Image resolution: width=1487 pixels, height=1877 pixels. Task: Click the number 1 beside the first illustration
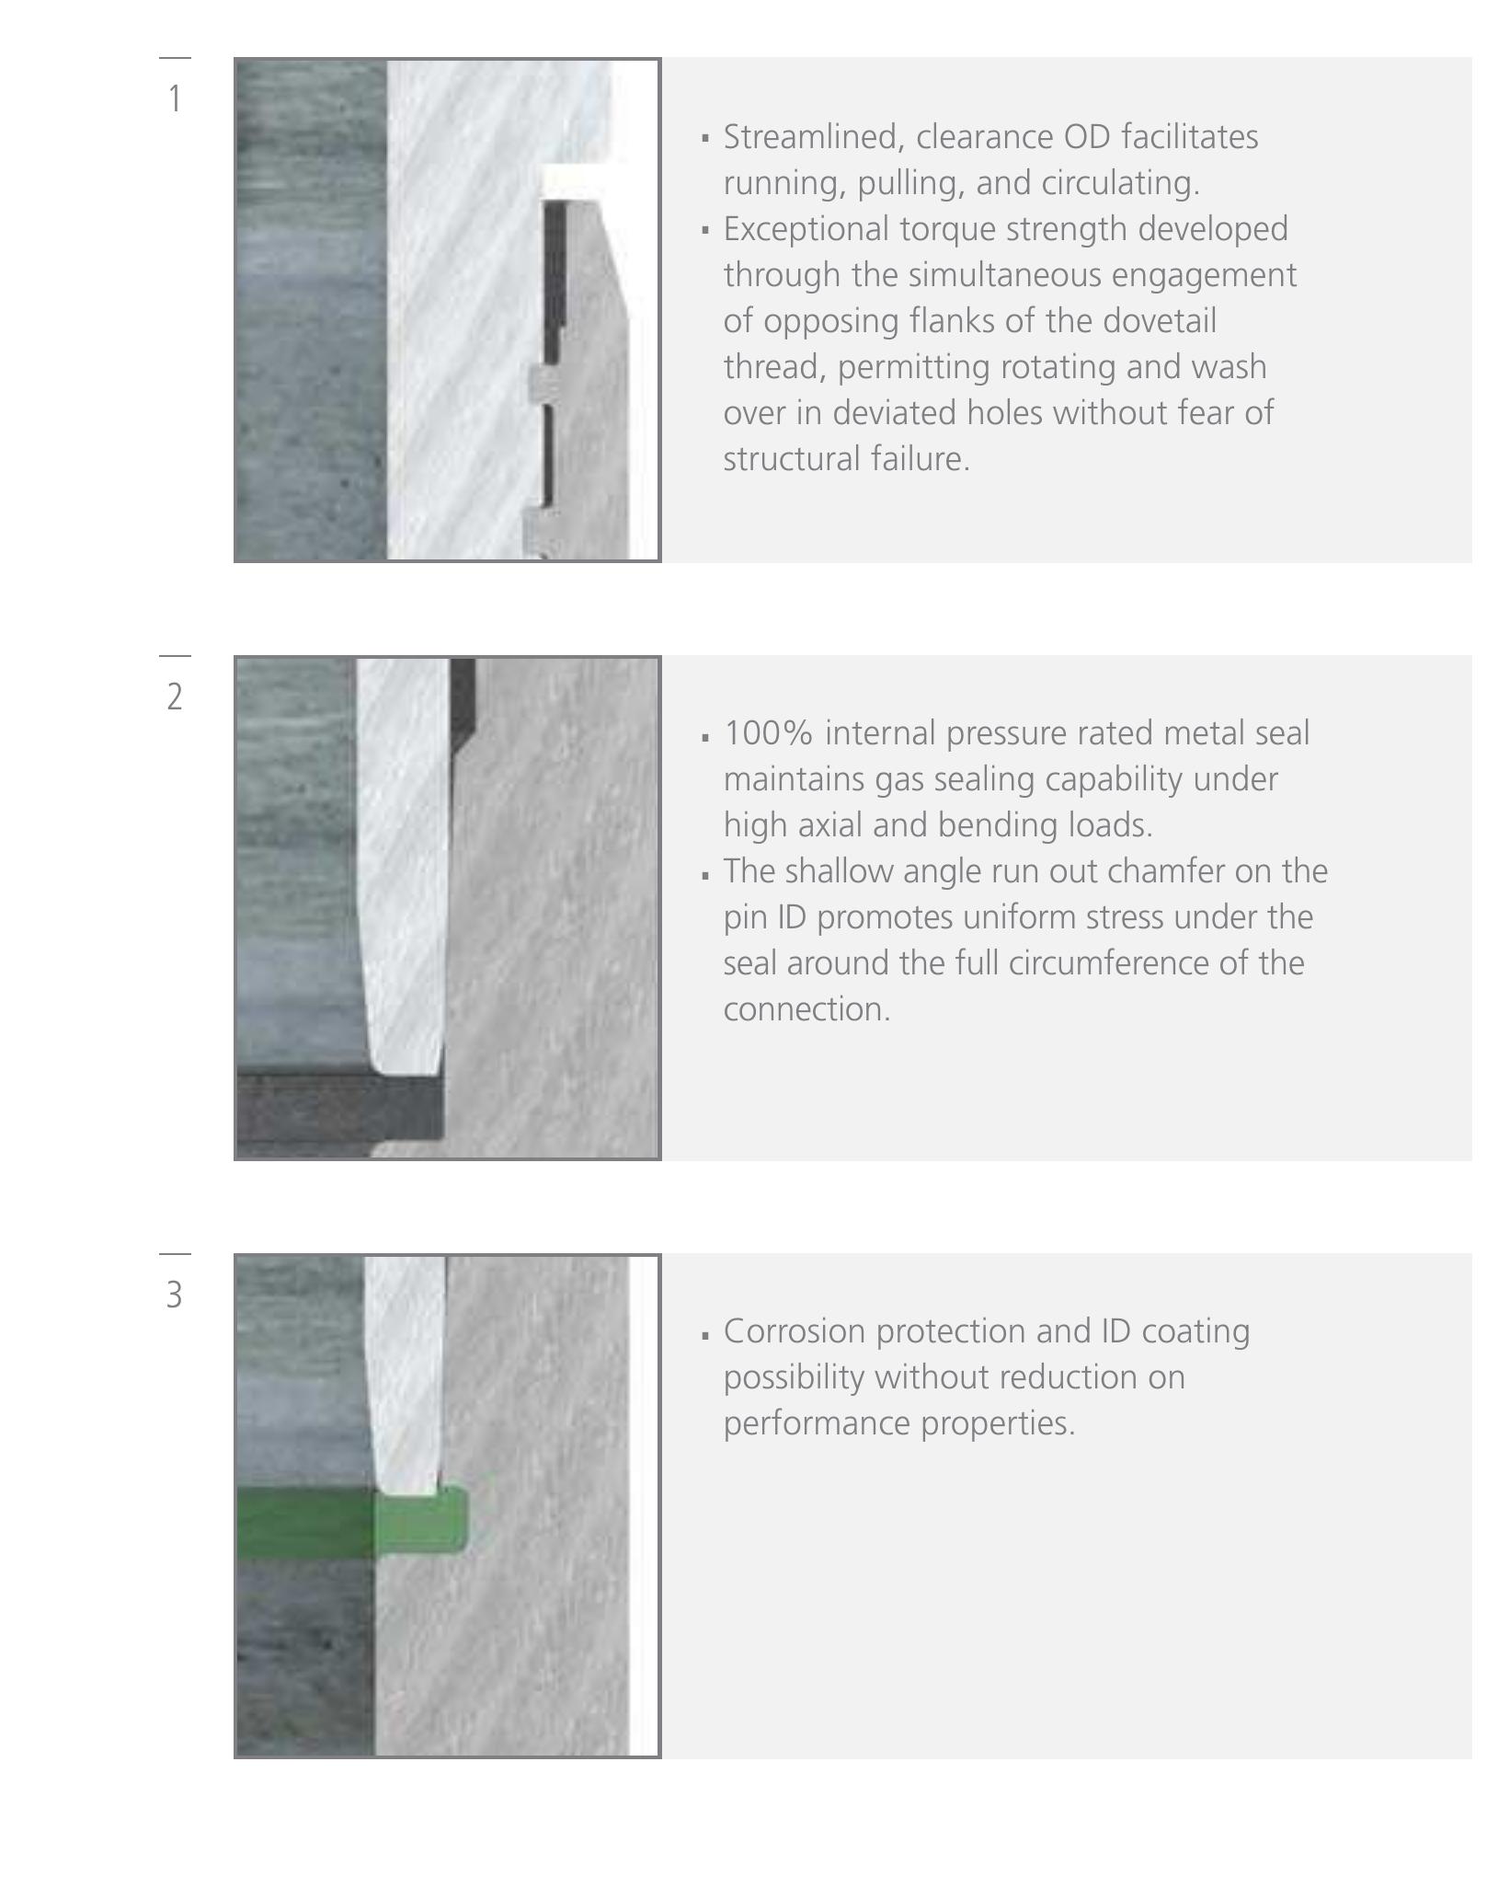pos(174,98)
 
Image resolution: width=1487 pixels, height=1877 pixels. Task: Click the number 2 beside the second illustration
pos(175,697)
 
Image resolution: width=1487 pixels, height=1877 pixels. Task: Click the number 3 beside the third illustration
pos(175,1295)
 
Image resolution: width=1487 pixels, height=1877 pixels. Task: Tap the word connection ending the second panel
pos(806,1009)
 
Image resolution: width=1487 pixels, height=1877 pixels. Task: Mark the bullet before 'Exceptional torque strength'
pos(705,230)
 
